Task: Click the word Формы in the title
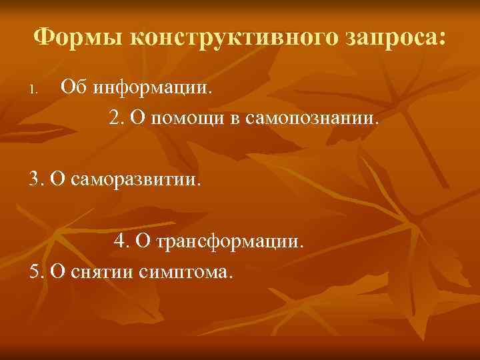[77, 38]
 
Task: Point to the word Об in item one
[73, 86]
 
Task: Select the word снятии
[105, 273]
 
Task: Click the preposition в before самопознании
[236, 119]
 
